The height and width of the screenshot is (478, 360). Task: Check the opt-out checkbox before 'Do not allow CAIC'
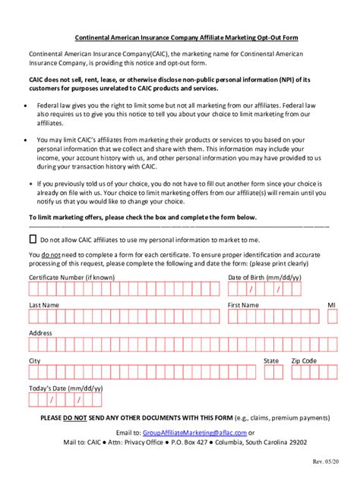point(33,238)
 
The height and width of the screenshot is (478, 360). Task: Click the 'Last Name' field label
point(44,304)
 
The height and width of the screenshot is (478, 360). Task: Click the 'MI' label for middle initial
point(331,304)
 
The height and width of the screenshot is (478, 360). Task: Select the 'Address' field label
point(40,332)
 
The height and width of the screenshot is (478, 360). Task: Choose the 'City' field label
point(35,360)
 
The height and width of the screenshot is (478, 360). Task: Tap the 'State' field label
point(271,360)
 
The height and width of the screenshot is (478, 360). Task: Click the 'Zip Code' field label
point(304,360)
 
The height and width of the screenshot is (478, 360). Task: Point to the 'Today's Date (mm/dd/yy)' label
point(65,388)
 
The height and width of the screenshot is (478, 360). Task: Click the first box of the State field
point(267,373)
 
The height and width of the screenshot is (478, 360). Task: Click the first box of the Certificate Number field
point(33,289)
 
